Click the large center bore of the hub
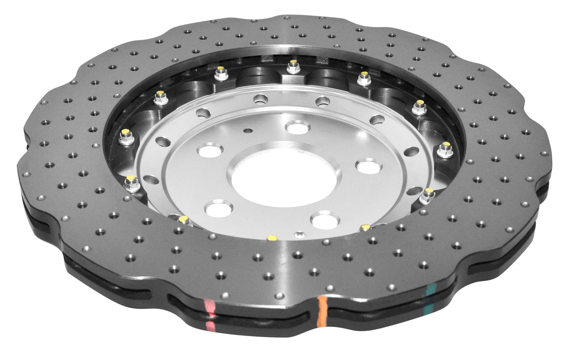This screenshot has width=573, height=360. pos(285,179)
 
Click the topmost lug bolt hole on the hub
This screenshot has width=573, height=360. pos(297,127)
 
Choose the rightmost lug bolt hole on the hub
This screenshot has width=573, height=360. pos(368,167)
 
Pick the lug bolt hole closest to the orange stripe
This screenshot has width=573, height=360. pos(325,220)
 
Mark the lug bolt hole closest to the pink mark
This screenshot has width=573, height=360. pos(219,208)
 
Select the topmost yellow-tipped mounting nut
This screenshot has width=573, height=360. pos(293,67)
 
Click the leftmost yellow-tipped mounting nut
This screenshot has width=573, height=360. pos(126,136)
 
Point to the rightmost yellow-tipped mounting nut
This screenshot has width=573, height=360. pos(445,150)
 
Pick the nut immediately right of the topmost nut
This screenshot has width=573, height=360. pos(364,78)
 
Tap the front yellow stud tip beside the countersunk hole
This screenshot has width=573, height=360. pos(271,238)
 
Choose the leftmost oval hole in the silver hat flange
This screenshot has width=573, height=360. pos(151,180)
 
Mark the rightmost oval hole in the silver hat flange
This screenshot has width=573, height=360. pos(412,151)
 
